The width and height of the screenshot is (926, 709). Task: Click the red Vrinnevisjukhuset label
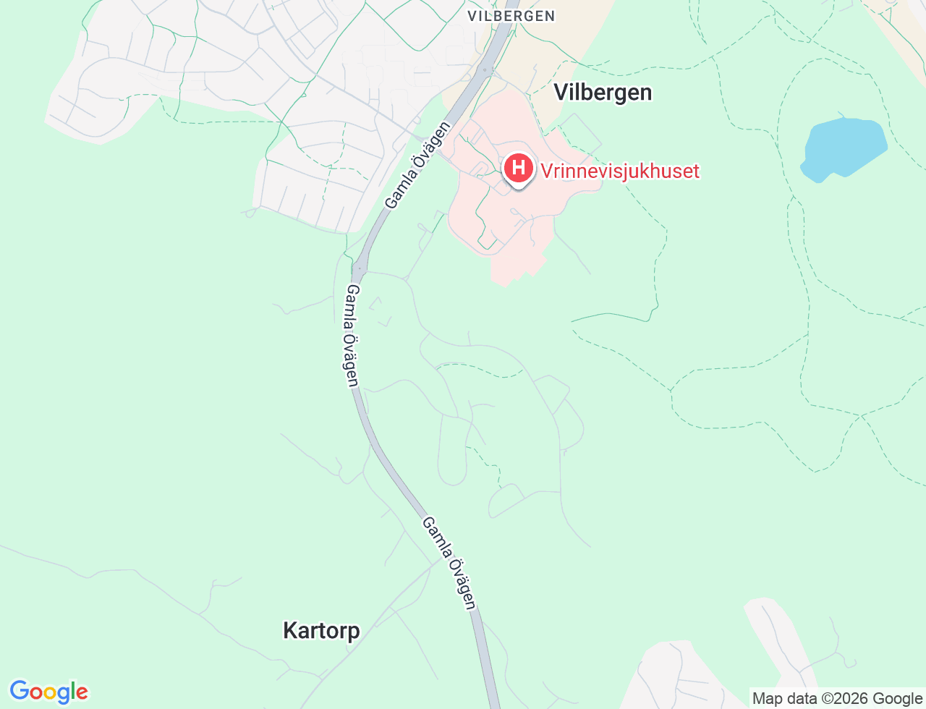(x=620, y=171)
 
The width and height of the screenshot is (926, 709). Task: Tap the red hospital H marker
(x=518, y=168)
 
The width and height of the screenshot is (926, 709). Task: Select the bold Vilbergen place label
(x=603, y=93)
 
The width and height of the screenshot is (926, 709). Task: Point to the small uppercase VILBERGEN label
(x=511, y=16)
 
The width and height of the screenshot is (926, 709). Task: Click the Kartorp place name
(x=321, y=631)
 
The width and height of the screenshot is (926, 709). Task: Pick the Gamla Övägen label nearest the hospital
(x=417, y=165)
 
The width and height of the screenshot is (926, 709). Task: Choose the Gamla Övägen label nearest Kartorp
(x=449, y=563)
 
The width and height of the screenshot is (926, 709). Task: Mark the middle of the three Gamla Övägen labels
(x=352, y=335)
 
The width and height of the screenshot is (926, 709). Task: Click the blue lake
(x=843, y=149)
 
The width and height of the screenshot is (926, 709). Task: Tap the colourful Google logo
(x=48, y=692)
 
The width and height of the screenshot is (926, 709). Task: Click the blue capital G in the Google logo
(x=20, y=692)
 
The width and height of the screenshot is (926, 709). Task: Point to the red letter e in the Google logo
(x=82, y=693)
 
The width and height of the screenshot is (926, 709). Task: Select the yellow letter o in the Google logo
(x=50, y=693)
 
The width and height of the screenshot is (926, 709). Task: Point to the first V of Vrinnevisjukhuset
(x=547, y=171)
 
